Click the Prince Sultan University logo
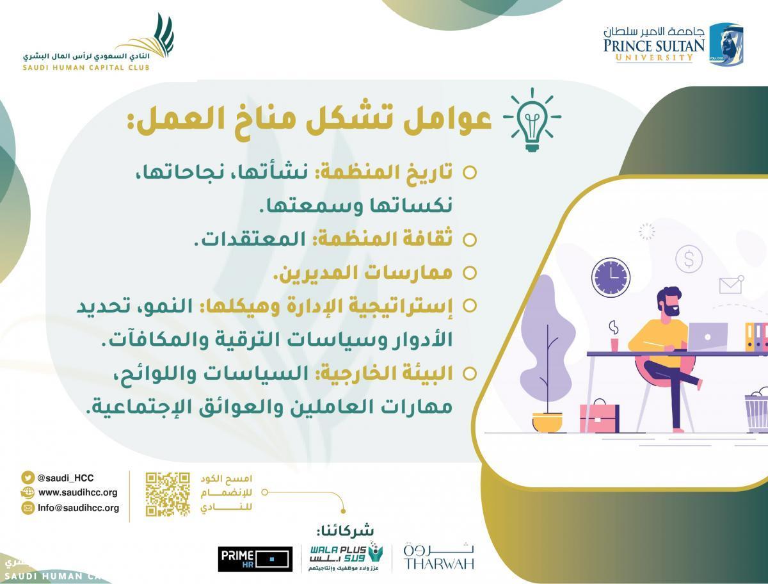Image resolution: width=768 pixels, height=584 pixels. [673, 45]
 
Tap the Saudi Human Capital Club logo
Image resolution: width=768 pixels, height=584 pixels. [98, 42]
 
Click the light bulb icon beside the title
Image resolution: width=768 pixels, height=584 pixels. [532, 120]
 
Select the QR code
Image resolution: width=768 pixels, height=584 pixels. [168, 494]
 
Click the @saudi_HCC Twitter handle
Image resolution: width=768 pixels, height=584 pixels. [65, 478]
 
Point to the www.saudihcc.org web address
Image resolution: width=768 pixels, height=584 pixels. [77, 492]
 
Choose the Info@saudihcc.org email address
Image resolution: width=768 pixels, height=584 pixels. [78, 508]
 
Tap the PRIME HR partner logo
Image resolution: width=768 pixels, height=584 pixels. [255, 559]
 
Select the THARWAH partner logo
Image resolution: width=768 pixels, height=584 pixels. [439, 556]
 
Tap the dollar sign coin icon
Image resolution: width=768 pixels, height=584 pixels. [689, 259]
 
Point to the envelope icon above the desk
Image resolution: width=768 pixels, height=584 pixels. [732, 285]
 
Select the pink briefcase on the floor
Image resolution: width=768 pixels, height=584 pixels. [599, 416]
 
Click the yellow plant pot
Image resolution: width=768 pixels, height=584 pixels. [547, 423]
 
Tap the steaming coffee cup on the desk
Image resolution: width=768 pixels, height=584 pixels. [614, 337]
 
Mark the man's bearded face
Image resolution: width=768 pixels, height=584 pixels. [669, 304]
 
